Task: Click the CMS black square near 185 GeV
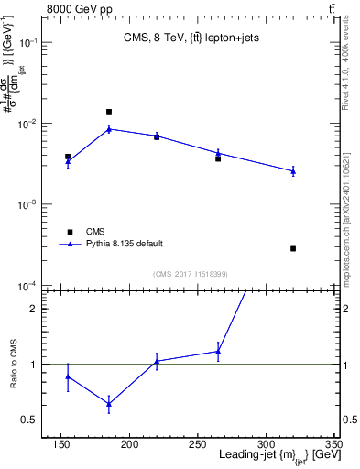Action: [109, 112]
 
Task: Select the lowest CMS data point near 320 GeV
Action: [293, 248]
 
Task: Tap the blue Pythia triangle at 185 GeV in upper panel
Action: [109, 129]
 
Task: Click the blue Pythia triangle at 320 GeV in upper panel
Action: [293, 171]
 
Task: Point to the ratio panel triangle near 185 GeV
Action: [109, 404]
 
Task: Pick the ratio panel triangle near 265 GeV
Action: [218, 352]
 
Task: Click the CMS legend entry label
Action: [95, 231]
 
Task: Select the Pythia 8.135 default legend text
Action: [125, 244]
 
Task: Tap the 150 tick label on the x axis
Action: [61, 445]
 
